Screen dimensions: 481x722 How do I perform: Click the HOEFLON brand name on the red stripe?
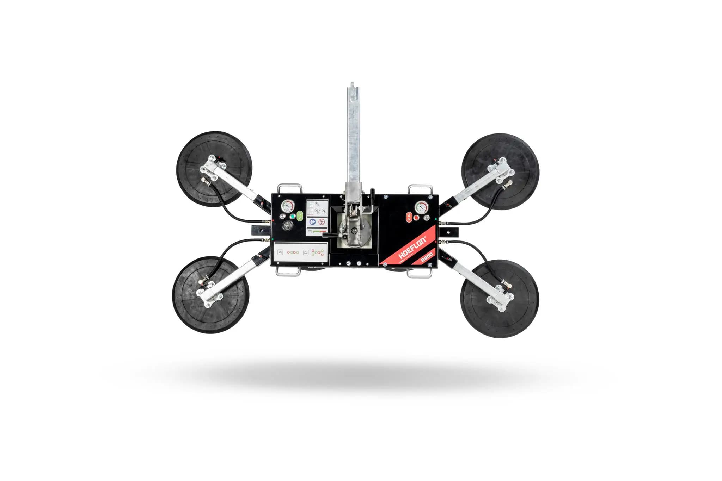tap(413, 249)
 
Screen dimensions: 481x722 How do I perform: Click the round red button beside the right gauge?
tap(416, 218)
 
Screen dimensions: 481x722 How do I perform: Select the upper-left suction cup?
tap(214, 169)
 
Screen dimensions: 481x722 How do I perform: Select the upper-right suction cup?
tap(500, 171)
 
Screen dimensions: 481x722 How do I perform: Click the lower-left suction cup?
tap(211, 294)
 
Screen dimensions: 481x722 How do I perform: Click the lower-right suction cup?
tap(499, 299)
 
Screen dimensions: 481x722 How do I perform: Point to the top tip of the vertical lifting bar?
tap(352, 84)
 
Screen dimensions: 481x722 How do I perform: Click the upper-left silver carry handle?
tap(290, 188)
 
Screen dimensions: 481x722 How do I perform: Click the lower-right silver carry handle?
tap(420, 274)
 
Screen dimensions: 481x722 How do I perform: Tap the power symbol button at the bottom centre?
tap(359, 263)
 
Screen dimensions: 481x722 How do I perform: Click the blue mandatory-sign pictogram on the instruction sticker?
tap(312, 222)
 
